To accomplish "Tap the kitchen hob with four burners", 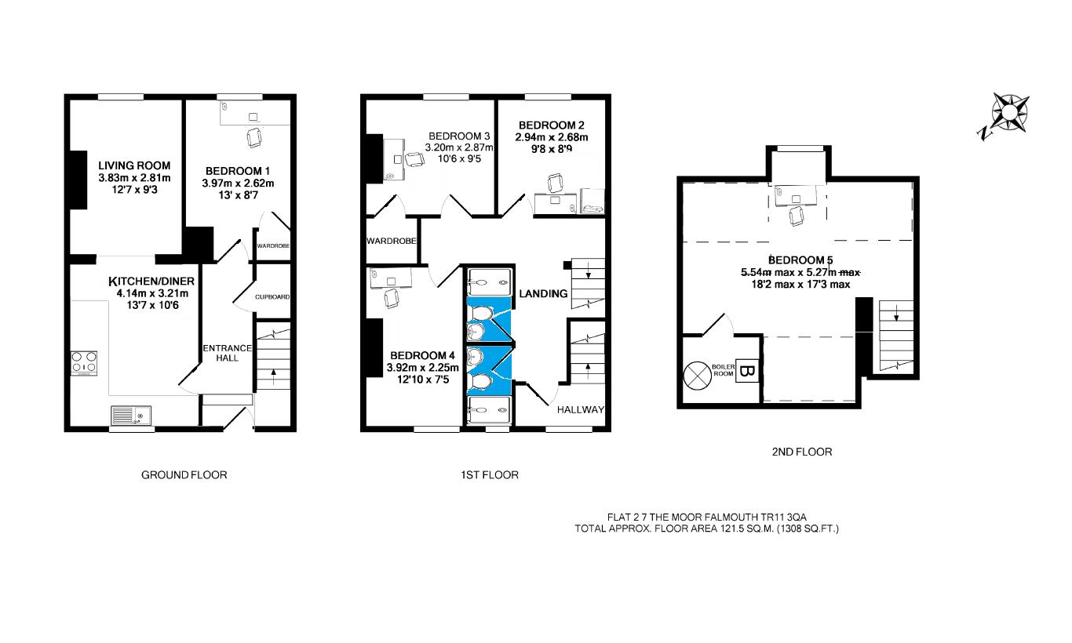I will (x=85, y=364).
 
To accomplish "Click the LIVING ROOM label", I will (x=134, y=165).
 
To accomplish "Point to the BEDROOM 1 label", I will (x=238, y=171).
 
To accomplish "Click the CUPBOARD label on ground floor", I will (x=272, y=297).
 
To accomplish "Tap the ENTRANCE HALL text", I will (x=227, y=354).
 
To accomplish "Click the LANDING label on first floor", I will (x=542, y=293).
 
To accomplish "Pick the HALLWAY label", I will (x=580, y=409).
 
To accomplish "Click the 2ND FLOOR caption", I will (x=801, y=452).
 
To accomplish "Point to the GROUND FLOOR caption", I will (x=184, y=474).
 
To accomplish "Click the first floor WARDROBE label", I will (x=391, y=241).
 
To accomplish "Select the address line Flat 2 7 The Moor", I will (x=707, y=517).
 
